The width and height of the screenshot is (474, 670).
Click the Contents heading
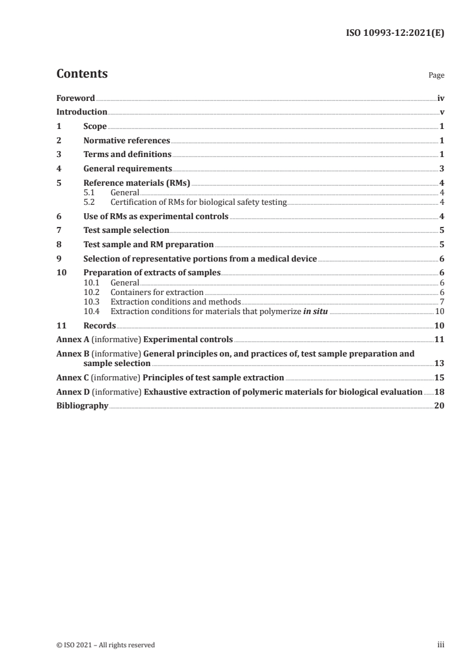click(82, 74)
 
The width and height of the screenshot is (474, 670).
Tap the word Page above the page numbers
click(436, 76)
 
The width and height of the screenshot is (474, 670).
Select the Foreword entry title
click(75, 98)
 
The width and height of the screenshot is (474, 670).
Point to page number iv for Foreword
click(441, 98)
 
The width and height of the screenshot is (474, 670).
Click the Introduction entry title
click(82, 112)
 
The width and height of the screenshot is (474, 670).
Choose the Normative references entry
click(127, 140)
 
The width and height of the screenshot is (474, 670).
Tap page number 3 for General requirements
click(441, 169)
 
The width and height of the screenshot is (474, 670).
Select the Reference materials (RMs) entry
click(137, 183)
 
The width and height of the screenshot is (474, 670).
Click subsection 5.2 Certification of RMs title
click(198, 202)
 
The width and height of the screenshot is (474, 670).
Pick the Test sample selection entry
click(126, 230)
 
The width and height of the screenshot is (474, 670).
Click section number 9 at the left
click(59, 259)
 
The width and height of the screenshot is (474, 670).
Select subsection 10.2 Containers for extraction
click(157, 292)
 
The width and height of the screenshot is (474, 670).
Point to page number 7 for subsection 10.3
click(441, 302)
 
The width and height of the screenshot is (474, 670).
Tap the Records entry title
click(99, 325)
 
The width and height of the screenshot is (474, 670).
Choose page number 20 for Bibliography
click(439, 405)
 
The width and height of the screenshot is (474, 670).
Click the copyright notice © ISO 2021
click(106, 644)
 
